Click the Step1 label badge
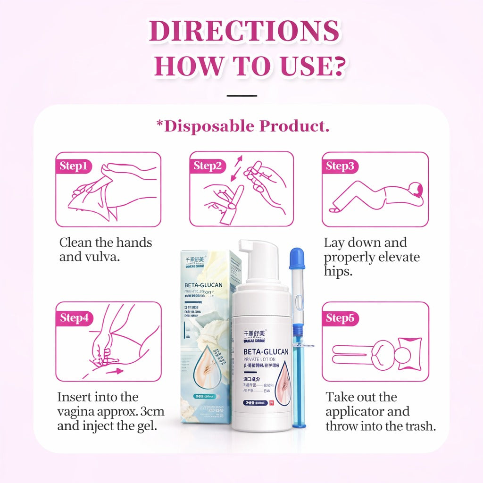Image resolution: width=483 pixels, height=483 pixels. tap(73, 166)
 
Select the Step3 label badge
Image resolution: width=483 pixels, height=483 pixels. tap(340, 166)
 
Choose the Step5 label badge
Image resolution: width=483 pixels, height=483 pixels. tap(340, 318)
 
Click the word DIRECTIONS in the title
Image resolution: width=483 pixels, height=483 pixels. tap(244, 32)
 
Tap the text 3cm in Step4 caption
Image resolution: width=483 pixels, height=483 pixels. tap(152, 411)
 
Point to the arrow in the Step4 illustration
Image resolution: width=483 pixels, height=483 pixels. tap(113, 371)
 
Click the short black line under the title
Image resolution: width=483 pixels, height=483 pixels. tap(241, 96)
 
